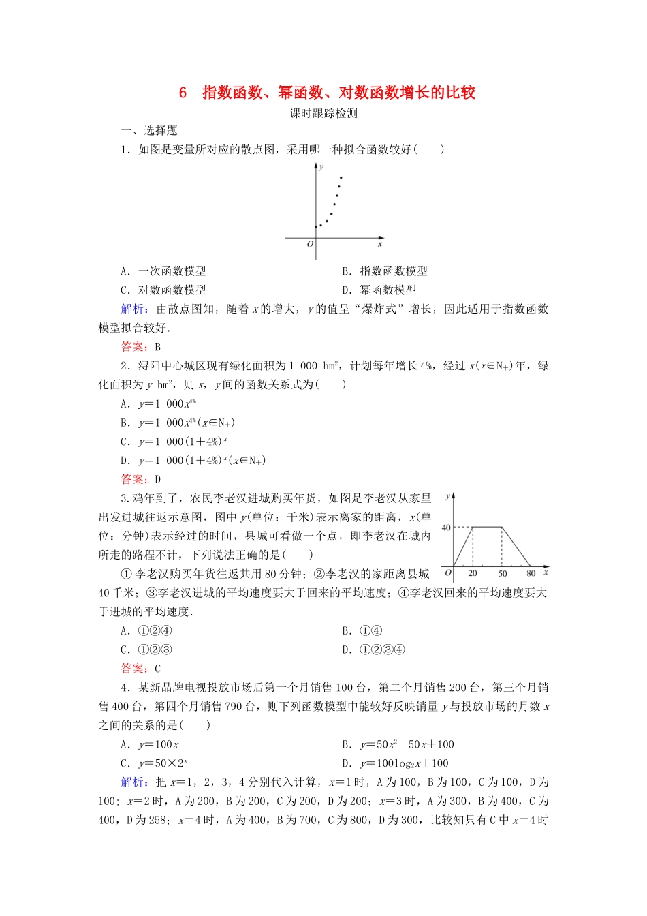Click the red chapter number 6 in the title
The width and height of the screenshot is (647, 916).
pos(183,93)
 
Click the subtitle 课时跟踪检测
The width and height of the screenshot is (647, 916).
pos(323,113)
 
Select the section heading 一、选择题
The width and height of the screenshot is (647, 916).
pos(149,131)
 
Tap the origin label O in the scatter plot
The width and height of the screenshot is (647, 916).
pos(310,244)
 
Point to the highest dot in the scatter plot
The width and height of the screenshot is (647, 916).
pos(341,178)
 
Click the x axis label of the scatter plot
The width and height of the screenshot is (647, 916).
pos(380,244)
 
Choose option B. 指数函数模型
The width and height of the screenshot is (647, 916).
pos(385,271)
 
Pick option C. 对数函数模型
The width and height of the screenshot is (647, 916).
pos(163,290)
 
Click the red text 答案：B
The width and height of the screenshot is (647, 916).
pos(141,347)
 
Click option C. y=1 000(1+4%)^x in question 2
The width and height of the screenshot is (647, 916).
pos(174,442)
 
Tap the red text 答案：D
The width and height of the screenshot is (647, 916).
pos(141,479)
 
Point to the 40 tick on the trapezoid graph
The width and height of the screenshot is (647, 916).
pos(446,527)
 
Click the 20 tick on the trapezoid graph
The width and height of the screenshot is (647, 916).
pos(473,574)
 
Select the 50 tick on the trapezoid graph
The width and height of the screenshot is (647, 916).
pos(503,574)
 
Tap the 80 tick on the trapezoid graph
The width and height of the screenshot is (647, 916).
pos(531,574)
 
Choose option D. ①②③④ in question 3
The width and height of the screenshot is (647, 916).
pos(374,650)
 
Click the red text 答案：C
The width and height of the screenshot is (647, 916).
pos(141,669)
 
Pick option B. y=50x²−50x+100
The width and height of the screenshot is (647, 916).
pos(398,744)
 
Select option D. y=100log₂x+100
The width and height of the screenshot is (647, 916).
pos(396,763)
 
